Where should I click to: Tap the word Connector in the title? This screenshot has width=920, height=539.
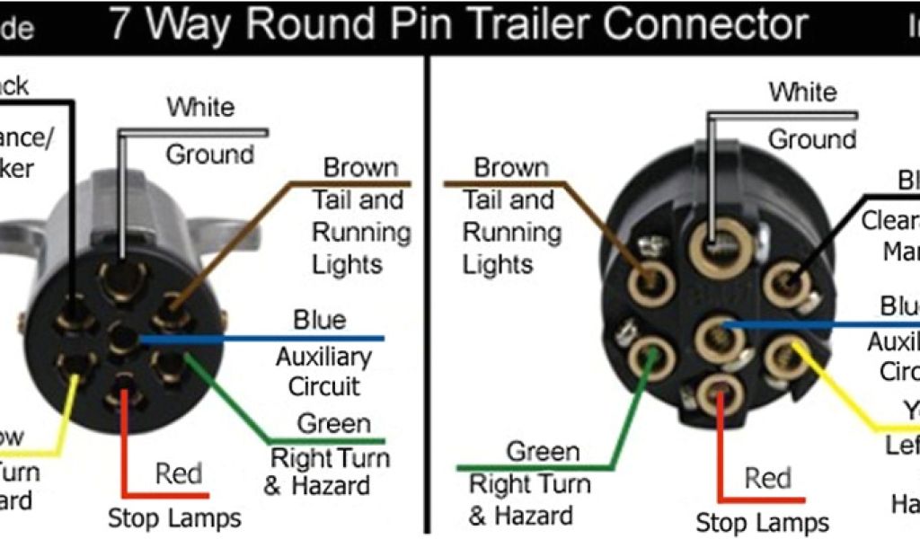(706, 24)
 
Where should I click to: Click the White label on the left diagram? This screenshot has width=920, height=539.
(200, 107)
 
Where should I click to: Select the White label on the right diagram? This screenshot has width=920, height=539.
(801, 92)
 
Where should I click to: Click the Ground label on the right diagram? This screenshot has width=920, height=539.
(811, 139)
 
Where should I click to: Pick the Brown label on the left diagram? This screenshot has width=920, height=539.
(360, 167)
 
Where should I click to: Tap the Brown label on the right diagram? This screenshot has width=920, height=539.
(510, 167)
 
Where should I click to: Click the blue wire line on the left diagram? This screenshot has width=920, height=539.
(270, 340)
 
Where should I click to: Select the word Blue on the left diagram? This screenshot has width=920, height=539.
(319, 320)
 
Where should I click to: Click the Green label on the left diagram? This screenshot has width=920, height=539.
(333, 423)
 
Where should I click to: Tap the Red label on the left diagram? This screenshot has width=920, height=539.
(179, 473)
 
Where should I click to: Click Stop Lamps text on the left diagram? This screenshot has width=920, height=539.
(174, 517)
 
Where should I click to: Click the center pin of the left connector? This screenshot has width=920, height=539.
(122, 339)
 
